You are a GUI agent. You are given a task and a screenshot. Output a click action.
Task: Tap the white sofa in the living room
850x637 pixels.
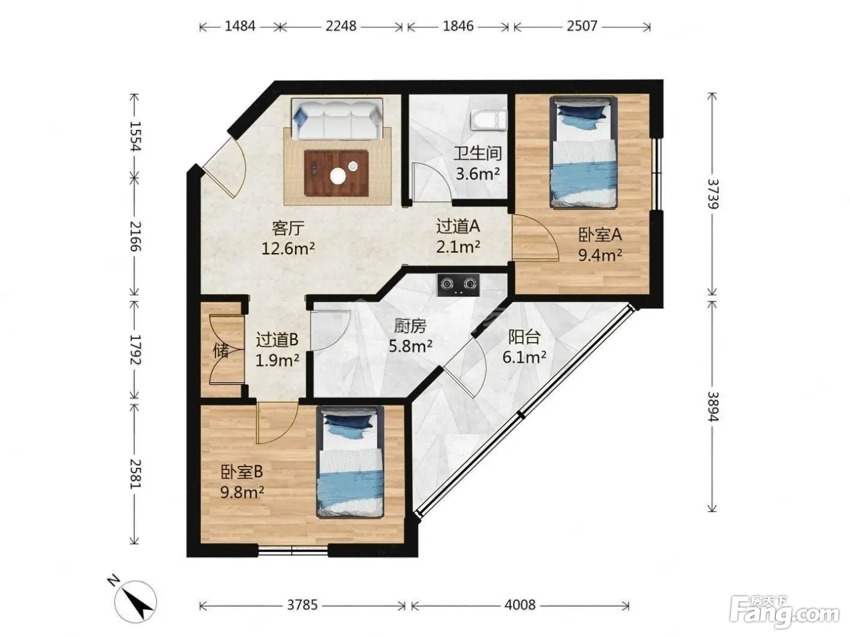click(336, 119)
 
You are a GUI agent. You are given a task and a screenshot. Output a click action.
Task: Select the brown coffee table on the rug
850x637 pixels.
click(335, 173)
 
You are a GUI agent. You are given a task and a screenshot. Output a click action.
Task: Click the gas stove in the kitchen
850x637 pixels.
click(458, 285)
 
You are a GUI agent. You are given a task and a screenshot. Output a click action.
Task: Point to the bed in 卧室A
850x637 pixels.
click(583, 152)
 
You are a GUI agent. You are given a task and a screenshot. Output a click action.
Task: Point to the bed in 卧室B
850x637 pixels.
click(350, 462)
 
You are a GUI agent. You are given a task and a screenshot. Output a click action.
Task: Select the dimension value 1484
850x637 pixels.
click(240, 26)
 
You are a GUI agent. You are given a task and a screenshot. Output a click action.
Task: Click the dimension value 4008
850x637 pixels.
click(520, 604)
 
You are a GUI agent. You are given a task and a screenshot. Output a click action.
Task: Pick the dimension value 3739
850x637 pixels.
click(713, 194)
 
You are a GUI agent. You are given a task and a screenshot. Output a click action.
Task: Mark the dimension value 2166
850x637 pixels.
click(135, 237)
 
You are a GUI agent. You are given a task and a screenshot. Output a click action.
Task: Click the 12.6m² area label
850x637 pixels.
click(288, 248)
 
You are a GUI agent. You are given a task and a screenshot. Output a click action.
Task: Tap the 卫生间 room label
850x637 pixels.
click(477, 153)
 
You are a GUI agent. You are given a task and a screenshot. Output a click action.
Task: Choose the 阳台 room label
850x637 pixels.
click(524, 337)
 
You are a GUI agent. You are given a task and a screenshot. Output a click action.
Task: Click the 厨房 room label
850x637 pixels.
click(410, 326)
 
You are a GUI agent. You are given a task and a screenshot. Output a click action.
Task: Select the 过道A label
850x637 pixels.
click(458, 226)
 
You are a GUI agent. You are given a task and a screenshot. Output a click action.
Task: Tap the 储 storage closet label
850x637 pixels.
click(221, 351)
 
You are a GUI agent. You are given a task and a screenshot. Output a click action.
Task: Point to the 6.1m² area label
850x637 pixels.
click(525, 357)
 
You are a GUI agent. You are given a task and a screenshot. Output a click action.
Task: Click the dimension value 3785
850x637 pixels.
click(302, 604)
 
